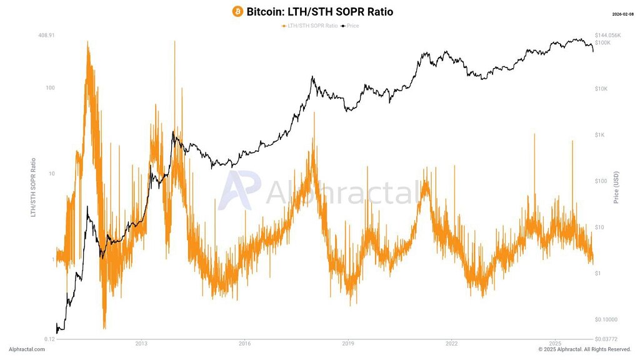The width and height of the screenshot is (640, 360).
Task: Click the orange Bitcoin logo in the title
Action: click(x=237, y=11)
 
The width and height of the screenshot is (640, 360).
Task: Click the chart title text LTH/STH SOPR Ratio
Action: click(x=320, y=11)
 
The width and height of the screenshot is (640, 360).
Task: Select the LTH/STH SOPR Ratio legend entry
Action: click(x=309, y=26)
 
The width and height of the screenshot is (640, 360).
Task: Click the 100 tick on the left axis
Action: click(x=49, y=87)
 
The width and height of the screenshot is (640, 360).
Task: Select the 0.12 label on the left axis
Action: click(x=49, y=339)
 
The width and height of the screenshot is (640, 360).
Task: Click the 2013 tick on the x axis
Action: click(x=141, y=343)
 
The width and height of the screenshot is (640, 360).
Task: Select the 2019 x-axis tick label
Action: click(x=348, y=343)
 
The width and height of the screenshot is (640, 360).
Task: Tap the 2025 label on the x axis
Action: click(x=555, y=343)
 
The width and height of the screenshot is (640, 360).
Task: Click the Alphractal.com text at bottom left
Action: click(x=27, y=349)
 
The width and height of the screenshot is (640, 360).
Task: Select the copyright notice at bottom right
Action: click(x=584, y=349)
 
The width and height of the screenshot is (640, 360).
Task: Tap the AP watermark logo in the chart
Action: click(x=237, y=190)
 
